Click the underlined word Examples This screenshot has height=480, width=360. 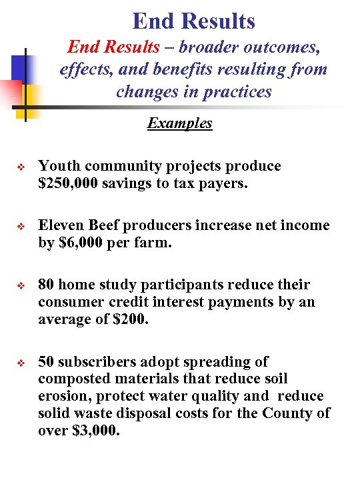coord(180,123)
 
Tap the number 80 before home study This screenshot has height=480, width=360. coord(47,285)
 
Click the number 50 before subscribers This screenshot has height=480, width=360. coord(47,362)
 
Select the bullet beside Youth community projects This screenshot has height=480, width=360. coord(21,167)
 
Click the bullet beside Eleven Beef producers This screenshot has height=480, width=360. coord(21,226)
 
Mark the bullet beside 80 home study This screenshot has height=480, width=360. coord(21,285)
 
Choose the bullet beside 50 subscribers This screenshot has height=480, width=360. coord(21,363)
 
